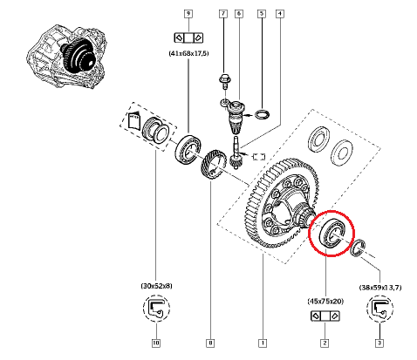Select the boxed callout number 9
point(188,14)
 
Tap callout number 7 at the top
point(222,14)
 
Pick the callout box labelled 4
point(279,14)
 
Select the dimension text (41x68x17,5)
point(188,54)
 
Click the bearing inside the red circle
point(332,234)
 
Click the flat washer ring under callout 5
point(261,113)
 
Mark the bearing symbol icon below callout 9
point(188,37)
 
